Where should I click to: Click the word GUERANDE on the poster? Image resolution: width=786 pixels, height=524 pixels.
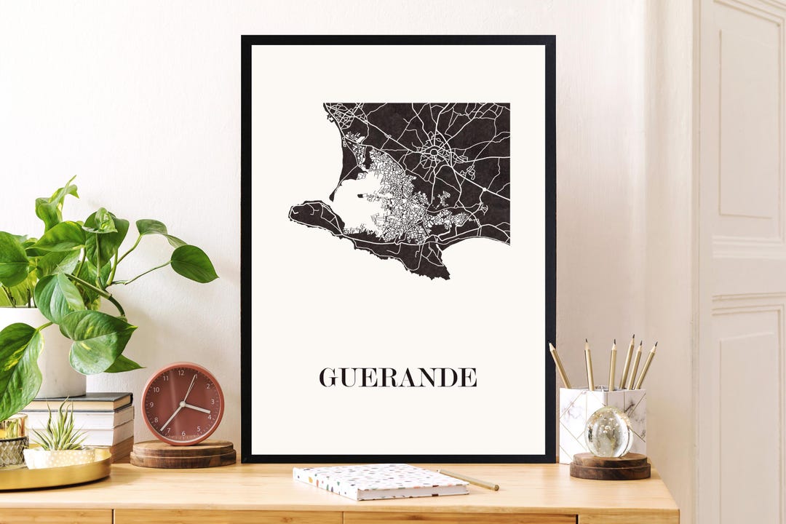coord(398,377)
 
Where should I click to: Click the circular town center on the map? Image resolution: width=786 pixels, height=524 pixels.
coord(435,151)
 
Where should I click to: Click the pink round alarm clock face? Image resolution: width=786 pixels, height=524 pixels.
coord(182,404)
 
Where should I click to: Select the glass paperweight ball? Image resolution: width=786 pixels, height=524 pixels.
coord(608,432)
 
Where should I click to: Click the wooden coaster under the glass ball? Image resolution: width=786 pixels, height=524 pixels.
coord(610,466)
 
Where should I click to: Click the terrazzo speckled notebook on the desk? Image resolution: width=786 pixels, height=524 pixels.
coord(379,481)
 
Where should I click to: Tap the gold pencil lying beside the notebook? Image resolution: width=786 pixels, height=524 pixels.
coord(469,480)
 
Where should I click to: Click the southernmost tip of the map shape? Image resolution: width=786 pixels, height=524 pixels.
coord(445,277)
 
